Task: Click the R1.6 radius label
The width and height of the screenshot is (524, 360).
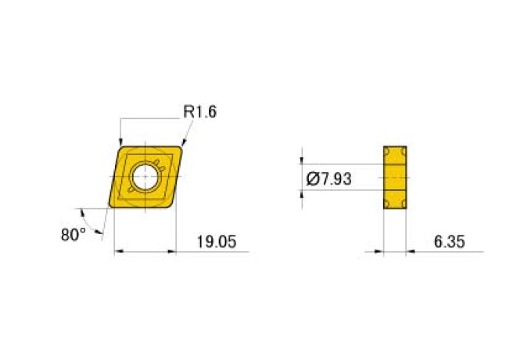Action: coord(199,112)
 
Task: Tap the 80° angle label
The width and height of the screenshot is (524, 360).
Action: coord(74,233)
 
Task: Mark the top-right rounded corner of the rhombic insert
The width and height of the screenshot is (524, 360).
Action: coord(183,146)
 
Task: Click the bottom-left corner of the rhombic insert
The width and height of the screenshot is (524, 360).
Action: coord(111,207)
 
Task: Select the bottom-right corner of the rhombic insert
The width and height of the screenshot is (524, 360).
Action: coord(171,206)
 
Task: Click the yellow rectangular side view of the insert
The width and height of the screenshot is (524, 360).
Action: coord(395,178)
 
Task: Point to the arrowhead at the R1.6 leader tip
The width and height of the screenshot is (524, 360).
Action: coord(184,142)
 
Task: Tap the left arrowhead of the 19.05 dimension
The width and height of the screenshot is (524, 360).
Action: coord(117,252)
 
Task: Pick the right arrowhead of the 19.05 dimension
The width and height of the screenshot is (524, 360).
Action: coord(170,252)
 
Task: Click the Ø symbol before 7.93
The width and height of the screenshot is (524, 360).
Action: coord(311,179)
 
